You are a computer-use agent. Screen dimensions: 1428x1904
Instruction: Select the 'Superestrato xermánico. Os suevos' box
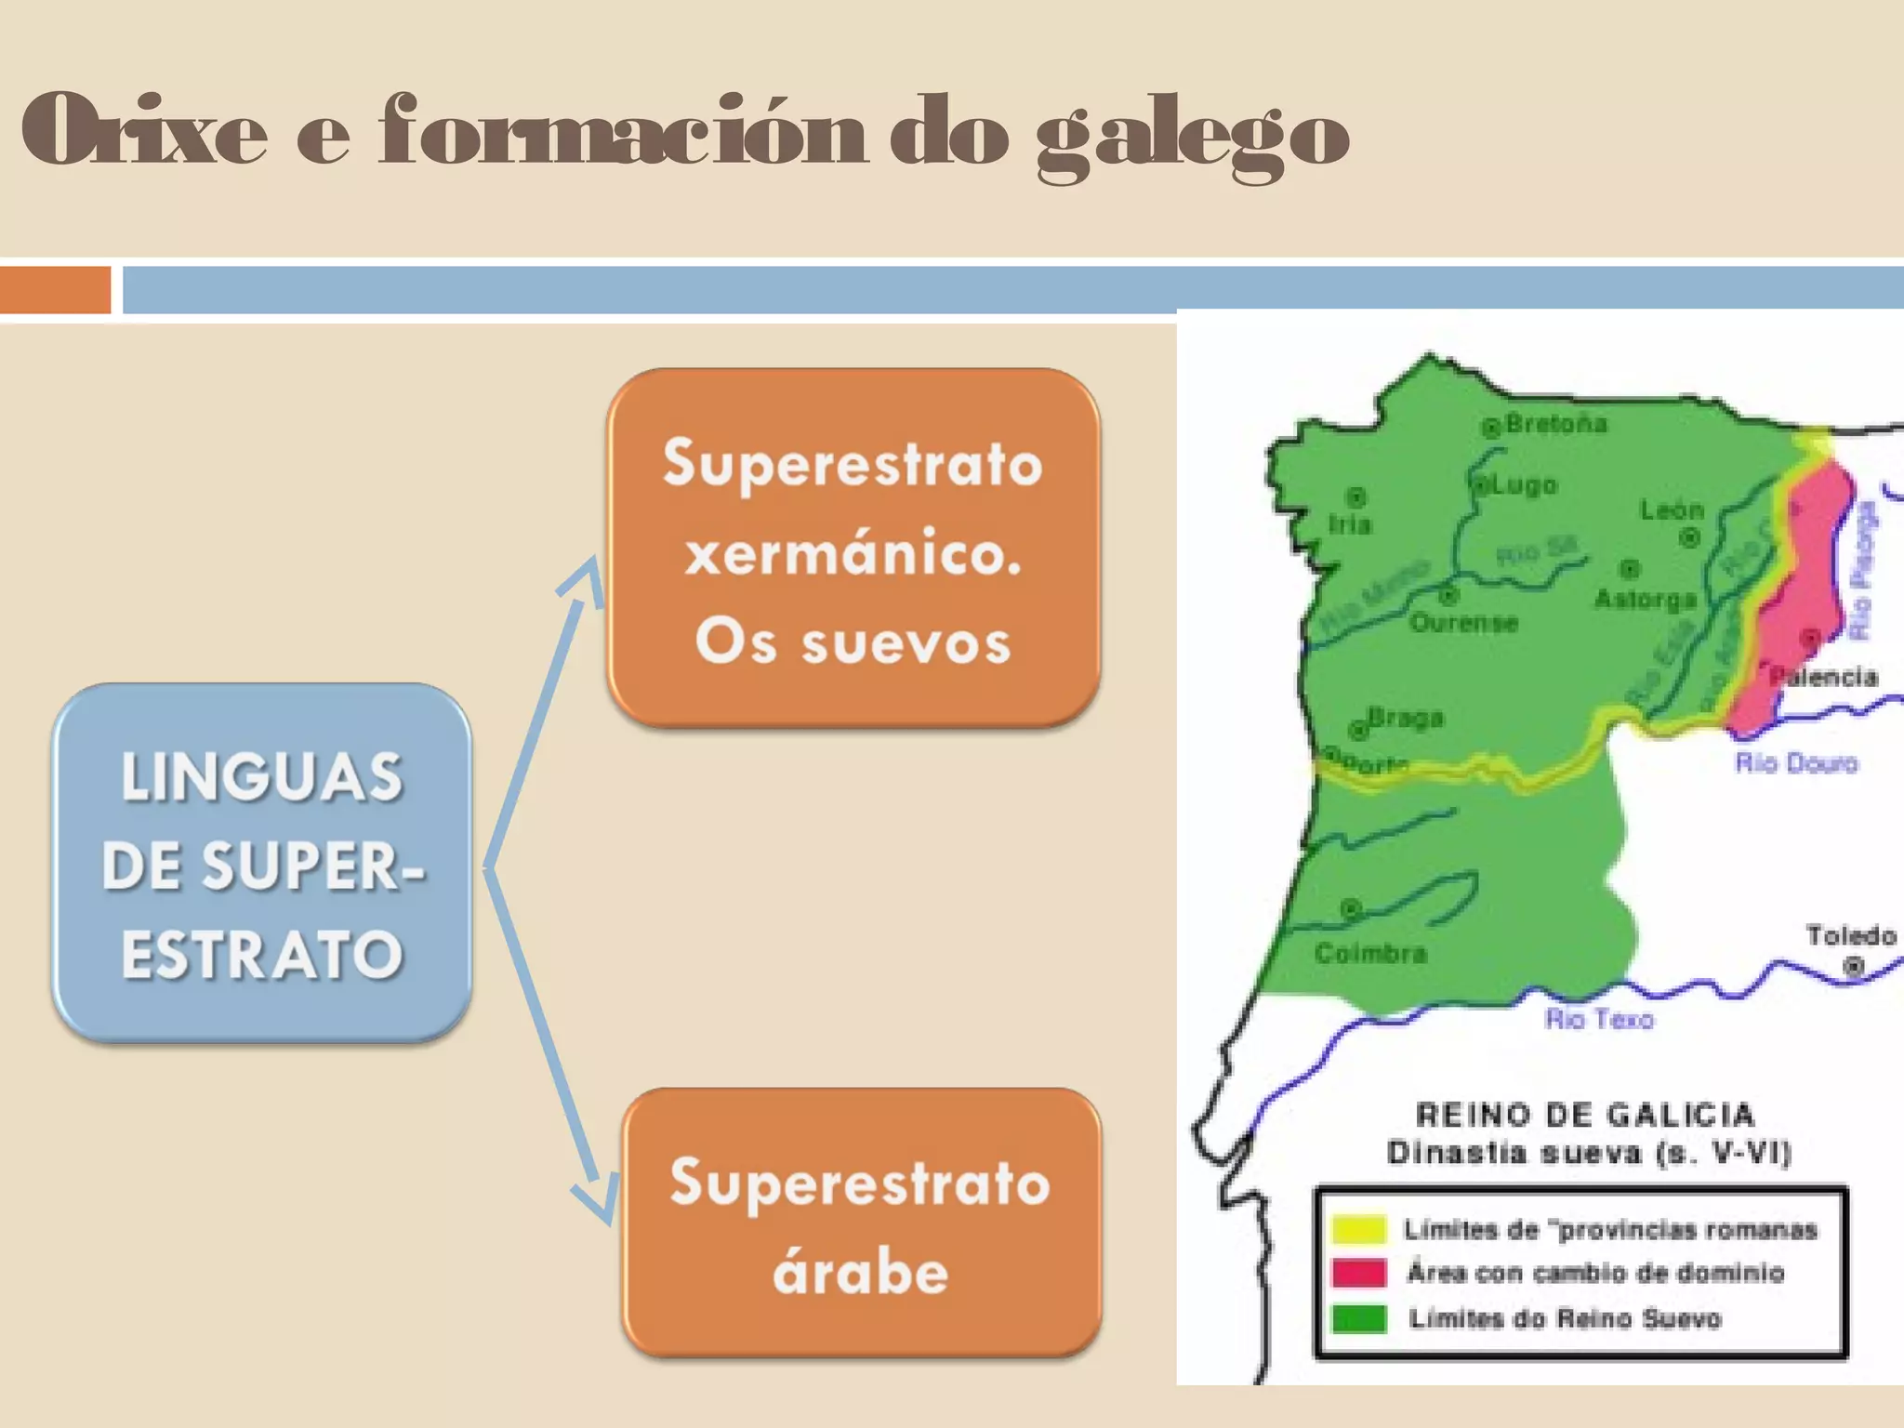coord(853,549)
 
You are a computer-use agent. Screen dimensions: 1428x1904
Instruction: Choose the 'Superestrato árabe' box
coord(861,1223)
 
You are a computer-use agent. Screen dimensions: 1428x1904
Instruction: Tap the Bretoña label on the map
coord(1555,424)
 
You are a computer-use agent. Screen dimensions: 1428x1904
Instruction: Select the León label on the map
coord(1671,509)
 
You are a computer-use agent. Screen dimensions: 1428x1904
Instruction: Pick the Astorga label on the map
coord(1645,599)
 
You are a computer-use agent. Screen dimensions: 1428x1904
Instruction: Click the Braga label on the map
coord(1405,718)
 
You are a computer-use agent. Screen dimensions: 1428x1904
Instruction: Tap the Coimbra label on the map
coord(1369,953)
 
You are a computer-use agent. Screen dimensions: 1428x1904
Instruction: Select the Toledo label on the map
coord(1850,935)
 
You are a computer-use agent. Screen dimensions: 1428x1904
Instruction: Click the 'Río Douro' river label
coord(1795,763)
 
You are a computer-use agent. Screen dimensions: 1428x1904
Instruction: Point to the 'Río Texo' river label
coord(1599,1019)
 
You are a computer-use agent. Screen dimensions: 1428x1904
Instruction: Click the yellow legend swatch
coord(1358,1229)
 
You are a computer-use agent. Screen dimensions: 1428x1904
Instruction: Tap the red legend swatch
coord(1358,1273)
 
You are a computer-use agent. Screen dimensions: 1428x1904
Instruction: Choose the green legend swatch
coord(1358,1318)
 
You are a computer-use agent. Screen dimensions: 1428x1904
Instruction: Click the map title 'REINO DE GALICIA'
coord(1584,1114)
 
